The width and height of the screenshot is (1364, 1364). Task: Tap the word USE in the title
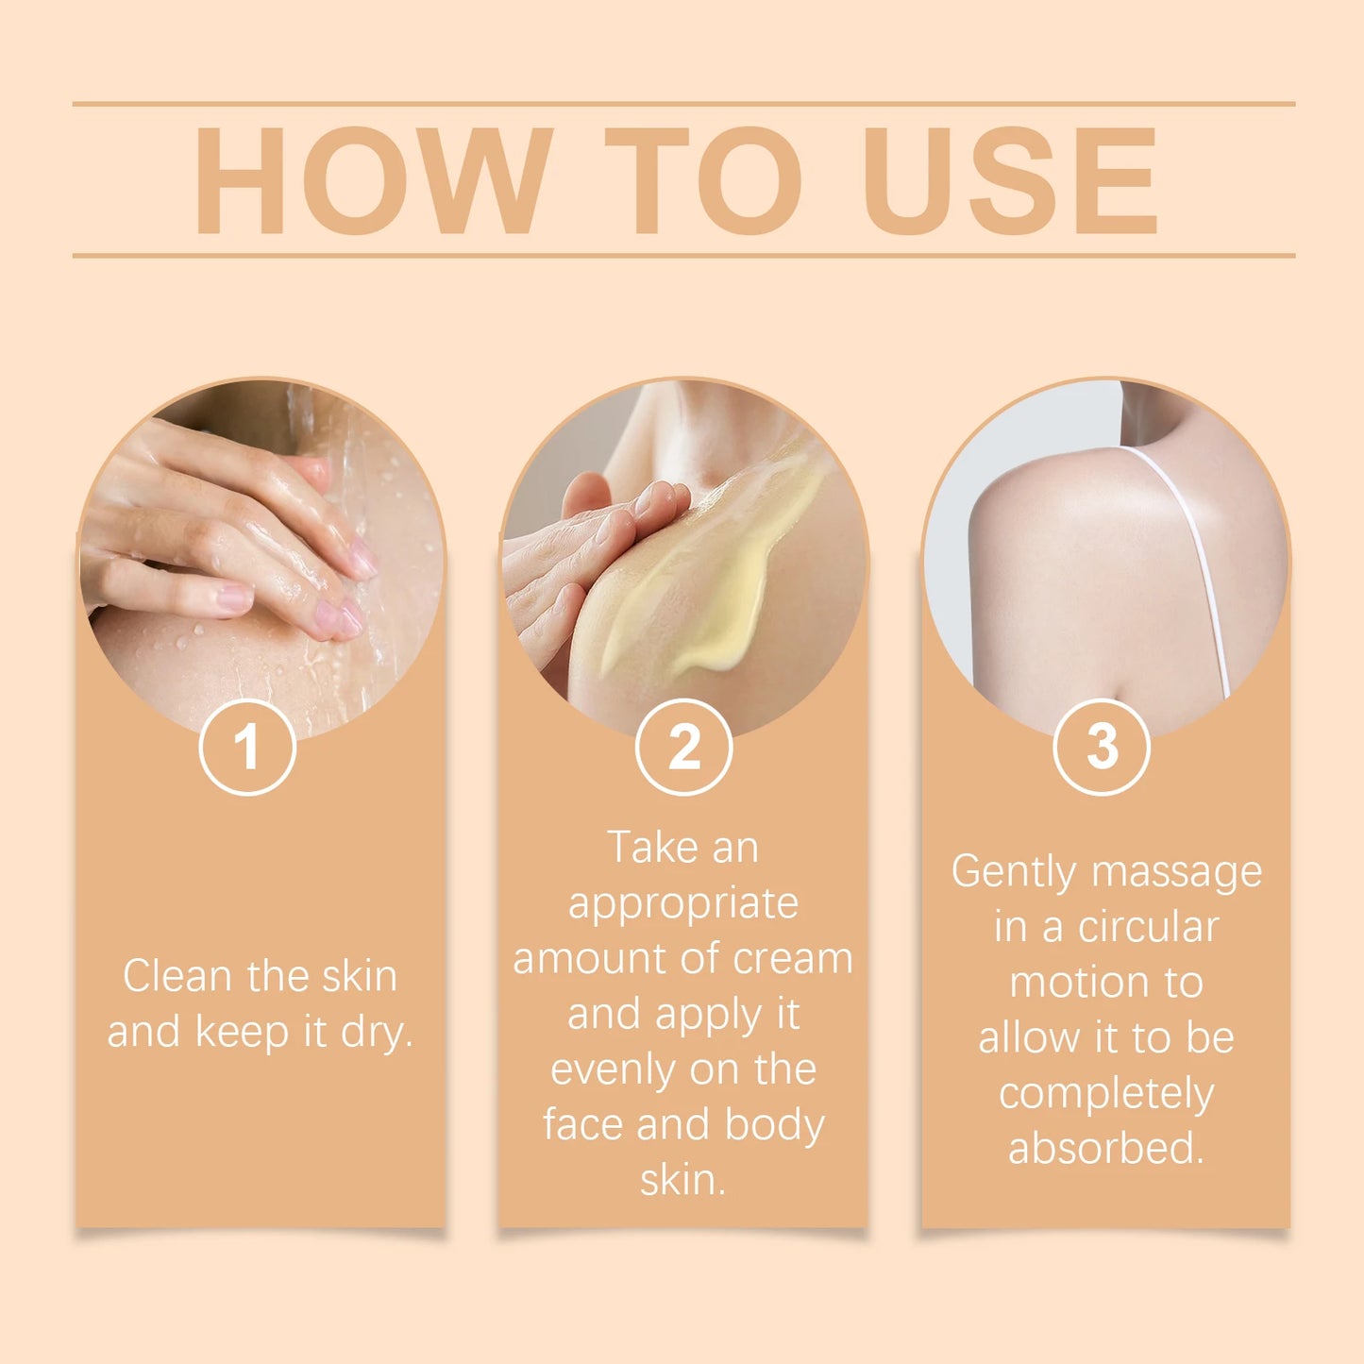[x=1010, y=179]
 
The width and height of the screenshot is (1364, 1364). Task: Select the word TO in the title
[x=703, y=179]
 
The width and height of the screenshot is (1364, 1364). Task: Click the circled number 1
[x=247, y=747]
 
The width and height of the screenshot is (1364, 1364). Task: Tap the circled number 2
[x=683, y=747]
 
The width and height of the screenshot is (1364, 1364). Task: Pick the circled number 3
[x=1101, y=747]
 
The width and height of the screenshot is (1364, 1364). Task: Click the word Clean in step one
[x=177, y=976]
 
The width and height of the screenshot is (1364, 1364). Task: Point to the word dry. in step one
[x=377, y=1032]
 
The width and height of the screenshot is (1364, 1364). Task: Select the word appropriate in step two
[x=683, y=904]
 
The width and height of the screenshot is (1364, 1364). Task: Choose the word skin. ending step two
[x=683, y=1180]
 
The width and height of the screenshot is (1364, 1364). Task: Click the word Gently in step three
[x=1013, y=872]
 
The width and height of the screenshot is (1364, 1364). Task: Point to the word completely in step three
[x=1106, y=1094]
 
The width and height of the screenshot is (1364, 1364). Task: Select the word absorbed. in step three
[x=1106, y=1149]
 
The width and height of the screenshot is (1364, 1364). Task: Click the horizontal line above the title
[x=683, y=103]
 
